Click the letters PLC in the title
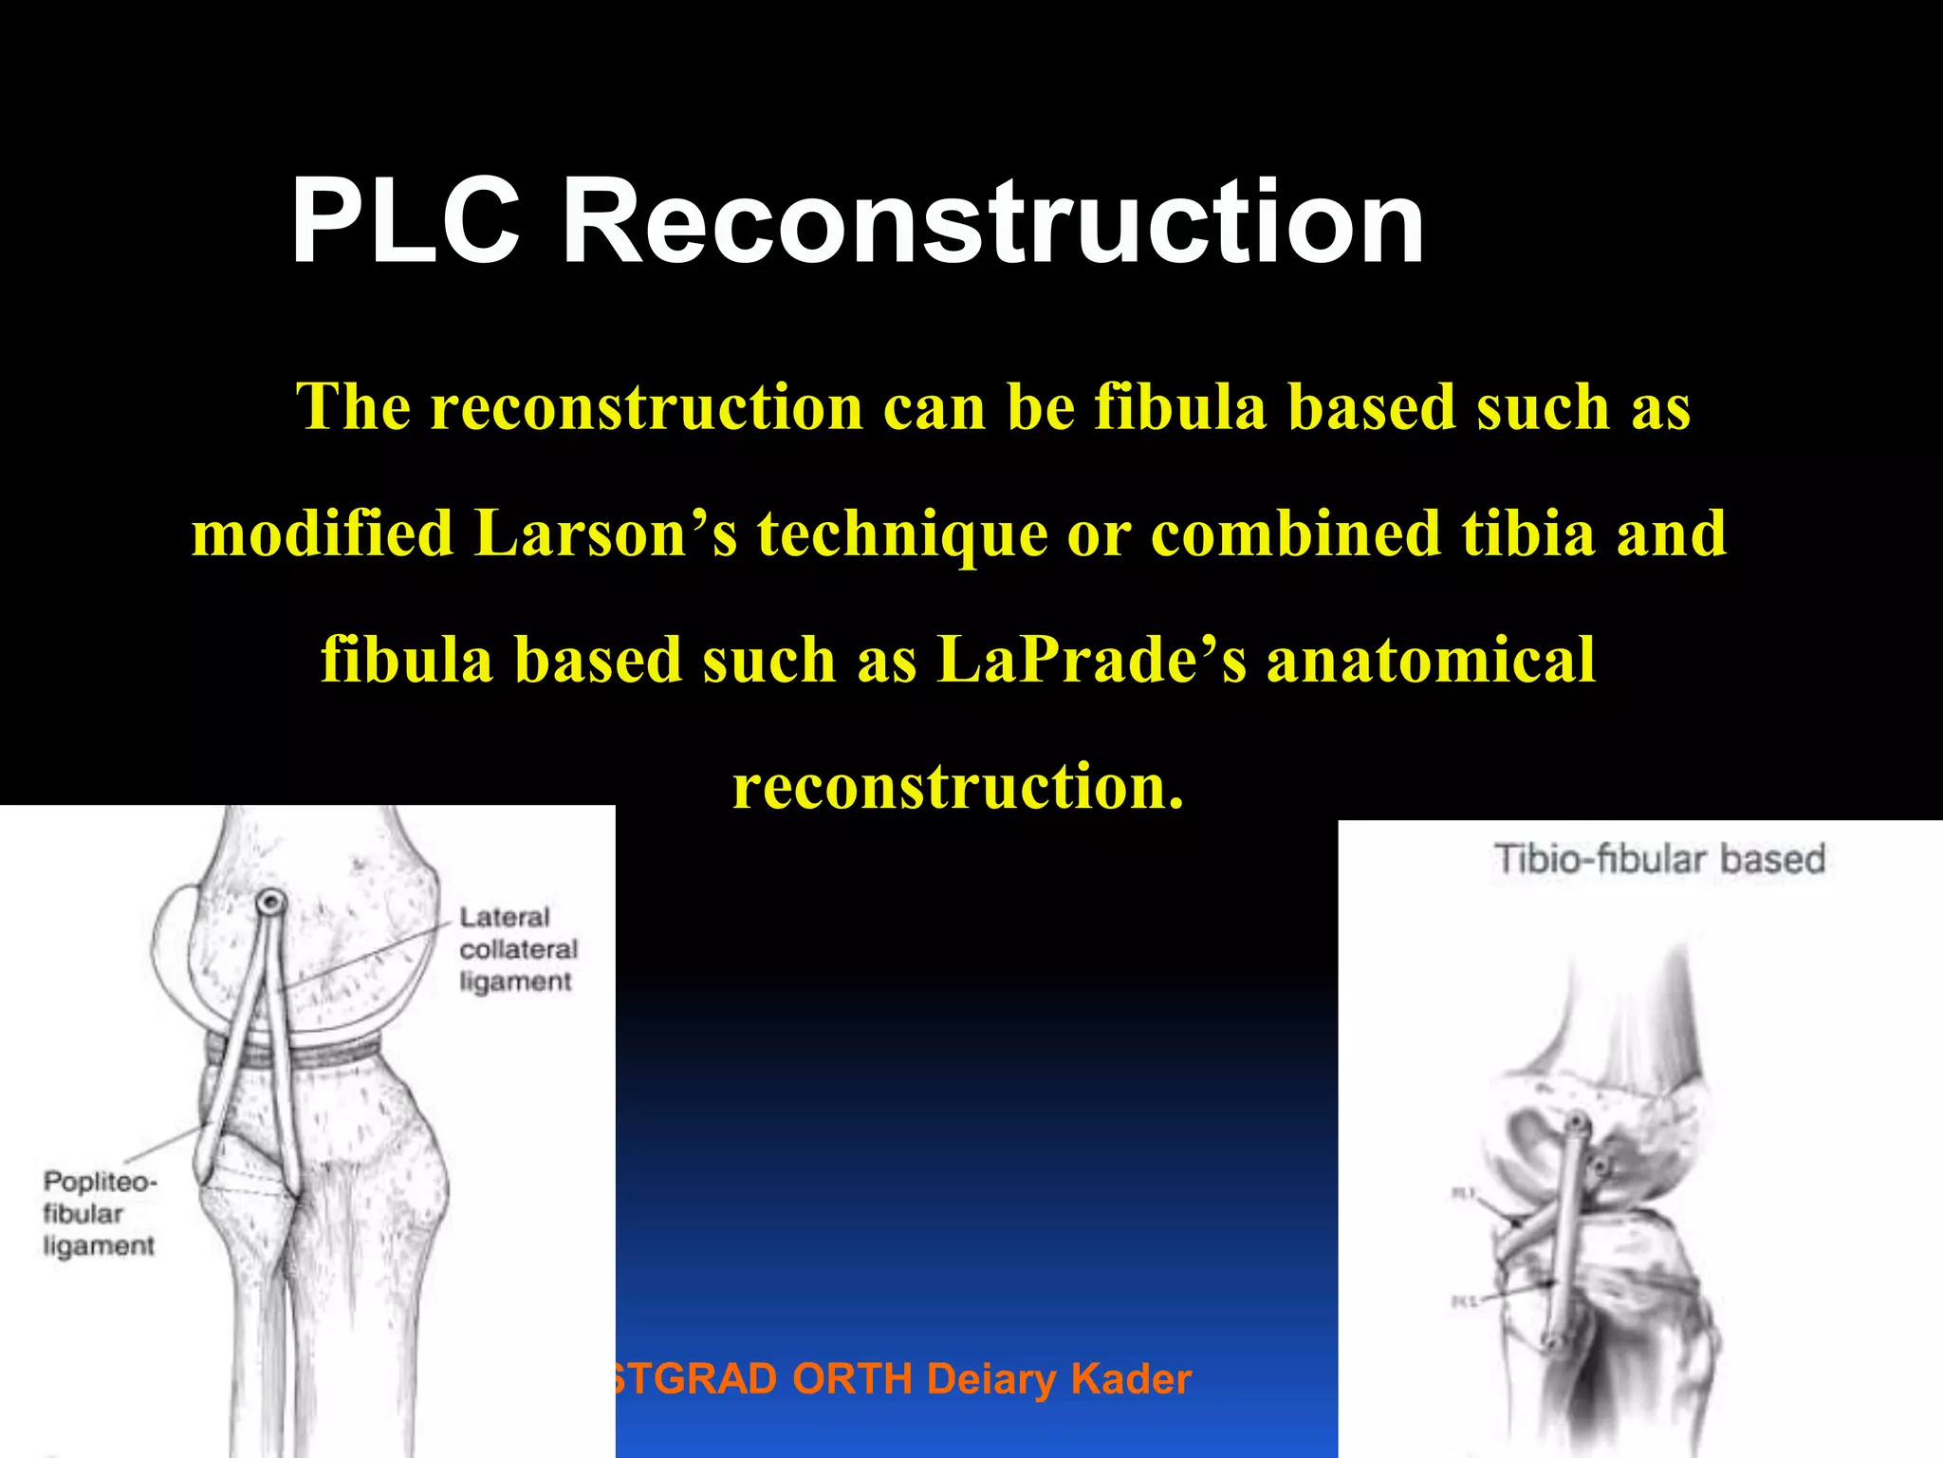pos(406,222)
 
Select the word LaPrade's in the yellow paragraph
pos(1091,660)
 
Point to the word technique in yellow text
pos(901,533)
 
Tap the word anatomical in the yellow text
pos(1431,660)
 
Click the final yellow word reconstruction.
pos(958,787)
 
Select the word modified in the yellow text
pos(323,533)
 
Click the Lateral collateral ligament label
pos(517,949)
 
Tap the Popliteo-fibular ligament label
pos(98,1213)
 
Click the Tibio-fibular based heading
pos(1659,859)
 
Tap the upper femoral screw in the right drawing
pos(1576,1126)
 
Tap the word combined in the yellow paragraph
pos(1295,533)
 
